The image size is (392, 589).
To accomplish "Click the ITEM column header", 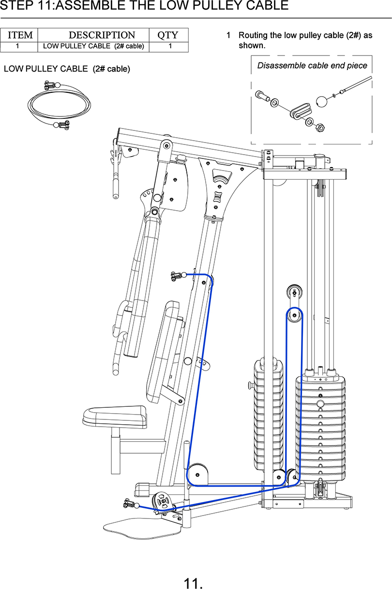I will (20, 35).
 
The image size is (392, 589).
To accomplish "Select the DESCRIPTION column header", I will (102, 35).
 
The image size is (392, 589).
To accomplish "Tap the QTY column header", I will (168, 35).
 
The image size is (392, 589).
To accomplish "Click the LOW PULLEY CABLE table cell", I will (93, 46).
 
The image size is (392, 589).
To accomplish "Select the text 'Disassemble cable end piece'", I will (312, 66).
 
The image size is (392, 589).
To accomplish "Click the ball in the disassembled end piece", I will (321, 102).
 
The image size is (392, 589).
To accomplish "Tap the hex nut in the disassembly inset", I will (320, 128).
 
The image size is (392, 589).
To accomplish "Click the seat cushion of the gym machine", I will (115, 416).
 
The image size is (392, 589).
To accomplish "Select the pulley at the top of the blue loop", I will (294, 315).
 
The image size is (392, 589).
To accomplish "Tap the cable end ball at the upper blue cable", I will (183, 275).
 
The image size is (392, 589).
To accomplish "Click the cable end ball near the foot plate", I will (136, 506).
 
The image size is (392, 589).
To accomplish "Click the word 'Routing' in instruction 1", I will (253, 36).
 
